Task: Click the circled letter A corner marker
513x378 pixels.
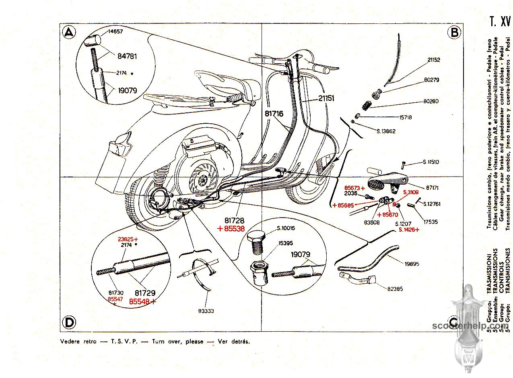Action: (x=69, y=32)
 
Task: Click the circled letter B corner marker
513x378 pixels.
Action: (x=454, y=32)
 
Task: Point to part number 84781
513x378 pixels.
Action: (x=127, y=56)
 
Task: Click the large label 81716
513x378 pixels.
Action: (x=274, y=114)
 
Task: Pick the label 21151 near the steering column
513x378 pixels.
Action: (x=326, y=98)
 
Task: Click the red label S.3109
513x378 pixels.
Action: (x=410, y=192)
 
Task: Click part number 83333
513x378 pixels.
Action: (x=206, y=311)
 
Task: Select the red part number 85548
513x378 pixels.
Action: (x=142, y=301)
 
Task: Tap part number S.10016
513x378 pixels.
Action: (x=286, y=228)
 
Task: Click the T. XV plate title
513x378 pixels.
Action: (x=500, y=21)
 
